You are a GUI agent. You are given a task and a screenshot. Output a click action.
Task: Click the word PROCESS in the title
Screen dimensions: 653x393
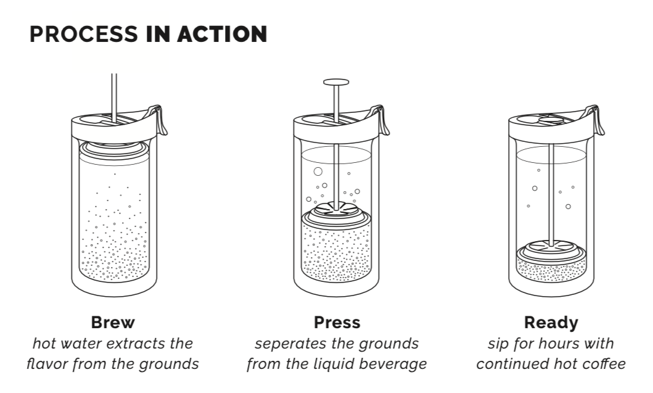point(84,34)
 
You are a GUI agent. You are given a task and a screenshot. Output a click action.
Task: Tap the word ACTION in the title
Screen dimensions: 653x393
point(223,34)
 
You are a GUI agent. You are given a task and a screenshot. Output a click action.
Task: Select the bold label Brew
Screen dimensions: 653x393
point(113,322)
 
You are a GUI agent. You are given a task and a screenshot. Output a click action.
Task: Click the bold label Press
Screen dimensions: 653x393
point(337,322)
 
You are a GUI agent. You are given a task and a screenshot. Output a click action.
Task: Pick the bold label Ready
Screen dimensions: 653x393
point(551,323)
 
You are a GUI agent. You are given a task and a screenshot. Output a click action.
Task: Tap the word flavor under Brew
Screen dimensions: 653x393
point(47,364)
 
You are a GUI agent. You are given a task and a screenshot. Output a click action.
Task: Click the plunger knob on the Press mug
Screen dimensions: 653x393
point(336,82)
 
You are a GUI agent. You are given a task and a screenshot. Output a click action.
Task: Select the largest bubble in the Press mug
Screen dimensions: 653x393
point(318,172)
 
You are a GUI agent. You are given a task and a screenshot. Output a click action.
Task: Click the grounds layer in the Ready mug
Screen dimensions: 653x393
point(551,269)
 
